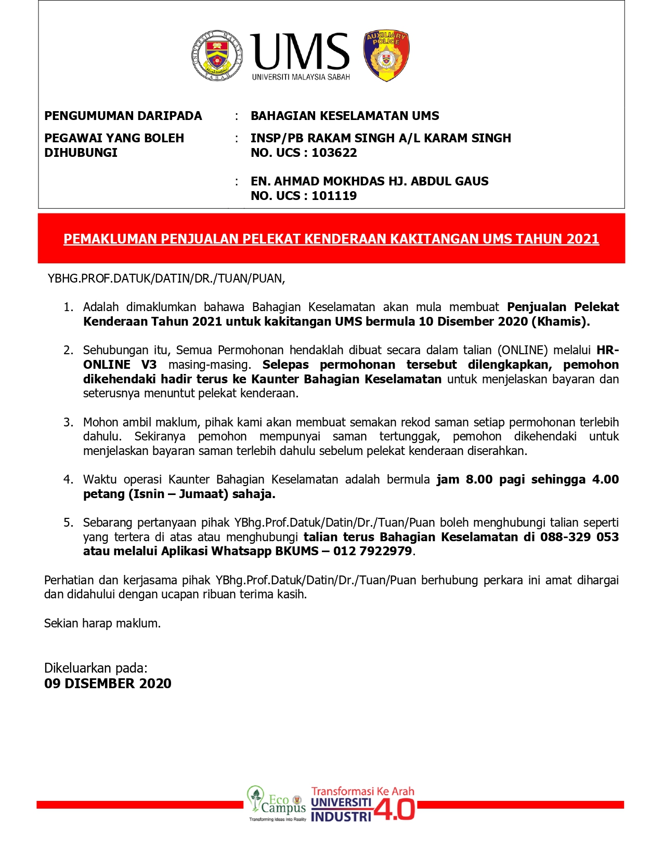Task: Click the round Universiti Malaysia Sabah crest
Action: (x=217, y=56)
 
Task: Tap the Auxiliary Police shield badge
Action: (x=386, y=56)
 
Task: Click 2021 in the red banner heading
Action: (x=582, y=239)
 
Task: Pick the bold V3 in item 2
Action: (x=148, y=365)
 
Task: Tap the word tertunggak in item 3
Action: (x=409, y=436)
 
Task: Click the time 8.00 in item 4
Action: (x=479, y=479)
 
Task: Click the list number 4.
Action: (x=68, y=479)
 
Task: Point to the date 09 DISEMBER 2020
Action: (x=108, y=684)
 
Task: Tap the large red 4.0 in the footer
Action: (x=394, y=809)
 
